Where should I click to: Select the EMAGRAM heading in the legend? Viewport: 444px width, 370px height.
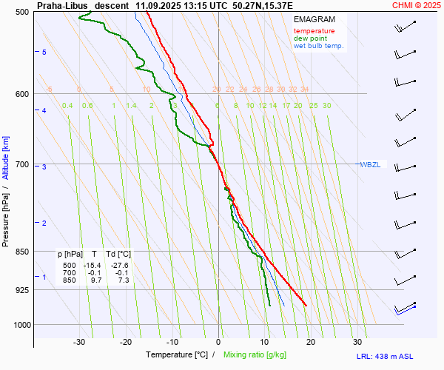[313, 19]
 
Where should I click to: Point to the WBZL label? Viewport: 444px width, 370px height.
[370, 164]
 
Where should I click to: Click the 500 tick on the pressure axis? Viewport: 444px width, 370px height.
[22, 13]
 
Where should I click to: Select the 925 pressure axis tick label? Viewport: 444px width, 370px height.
[22, 290]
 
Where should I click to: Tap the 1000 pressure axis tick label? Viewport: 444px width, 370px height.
[20, 325]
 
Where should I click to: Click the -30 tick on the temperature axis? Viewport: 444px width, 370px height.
[80, 342]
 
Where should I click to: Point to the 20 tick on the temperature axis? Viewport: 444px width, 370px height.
[311, 342]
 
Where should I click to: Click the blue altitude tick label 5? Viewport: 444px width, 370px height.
[44, 52]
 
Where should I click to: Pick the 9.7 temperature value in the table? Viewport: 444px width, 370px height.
[95, 280]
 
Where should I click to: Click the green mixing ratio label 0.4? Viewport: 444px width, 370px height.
[67, 106]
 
